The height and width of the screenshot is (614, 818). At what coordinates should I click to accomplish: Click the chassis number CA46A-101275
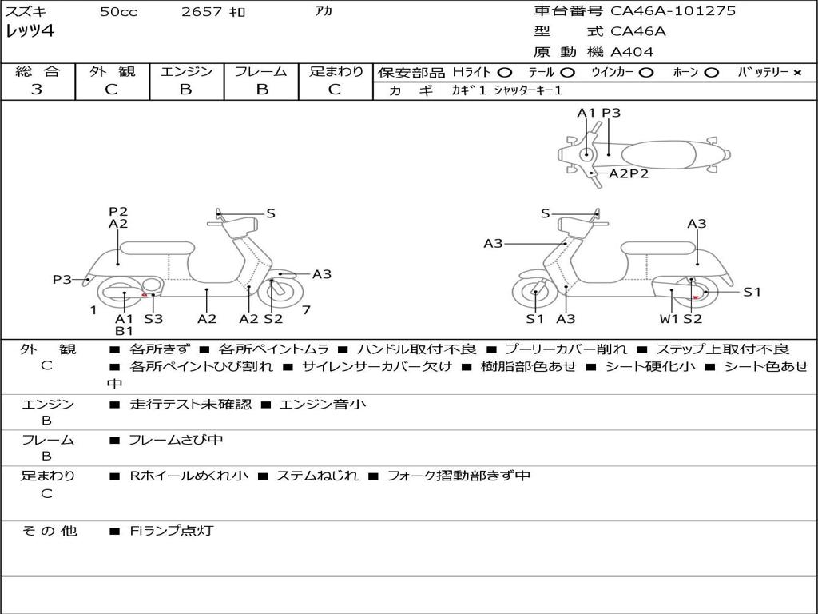(673, 11)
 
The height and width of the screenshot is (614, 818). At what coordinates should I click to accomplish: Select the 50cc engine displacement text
(118, 12)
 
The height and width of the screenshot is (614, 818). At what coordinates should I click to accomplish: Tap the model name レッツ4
(30, 32)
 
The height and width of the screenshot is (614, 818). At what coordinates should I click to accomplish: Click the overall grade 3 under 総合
(37, 90)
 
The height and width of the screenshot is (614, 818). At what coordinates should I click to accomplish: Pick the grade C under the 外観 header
(111, 90)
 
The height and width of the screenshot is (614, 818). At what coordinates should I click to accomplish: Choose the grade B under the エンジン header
(185, 90)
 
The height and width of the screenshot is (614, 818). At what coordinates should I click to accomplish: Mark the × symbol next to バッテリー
(796, 73)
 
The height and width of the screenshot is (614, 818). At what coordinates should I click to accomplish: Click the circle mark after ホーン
(712, 73)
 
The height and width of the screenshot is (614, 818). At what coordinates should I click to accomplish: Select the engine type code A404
(632, 52)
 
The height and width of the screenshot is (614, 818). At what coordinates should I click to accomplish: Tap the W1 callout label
(669, 319)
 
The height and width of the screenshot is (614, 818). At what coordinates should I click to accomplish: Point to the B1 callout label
(124, 330)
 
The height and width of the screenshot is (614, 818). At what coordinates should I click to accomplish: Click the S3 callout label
(153, 319)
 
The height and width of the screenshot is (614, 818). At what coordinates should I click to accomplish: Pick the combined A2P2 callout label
(629, 173)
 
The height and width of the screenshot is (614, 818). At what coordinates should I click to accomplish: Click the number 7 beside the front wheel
(306, 309)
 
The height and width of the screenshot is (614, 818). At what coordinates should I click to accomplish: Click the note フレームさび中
(176, 440)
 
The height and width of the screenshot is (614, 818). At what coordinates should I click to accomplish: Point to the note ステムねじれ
(317, 476)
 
